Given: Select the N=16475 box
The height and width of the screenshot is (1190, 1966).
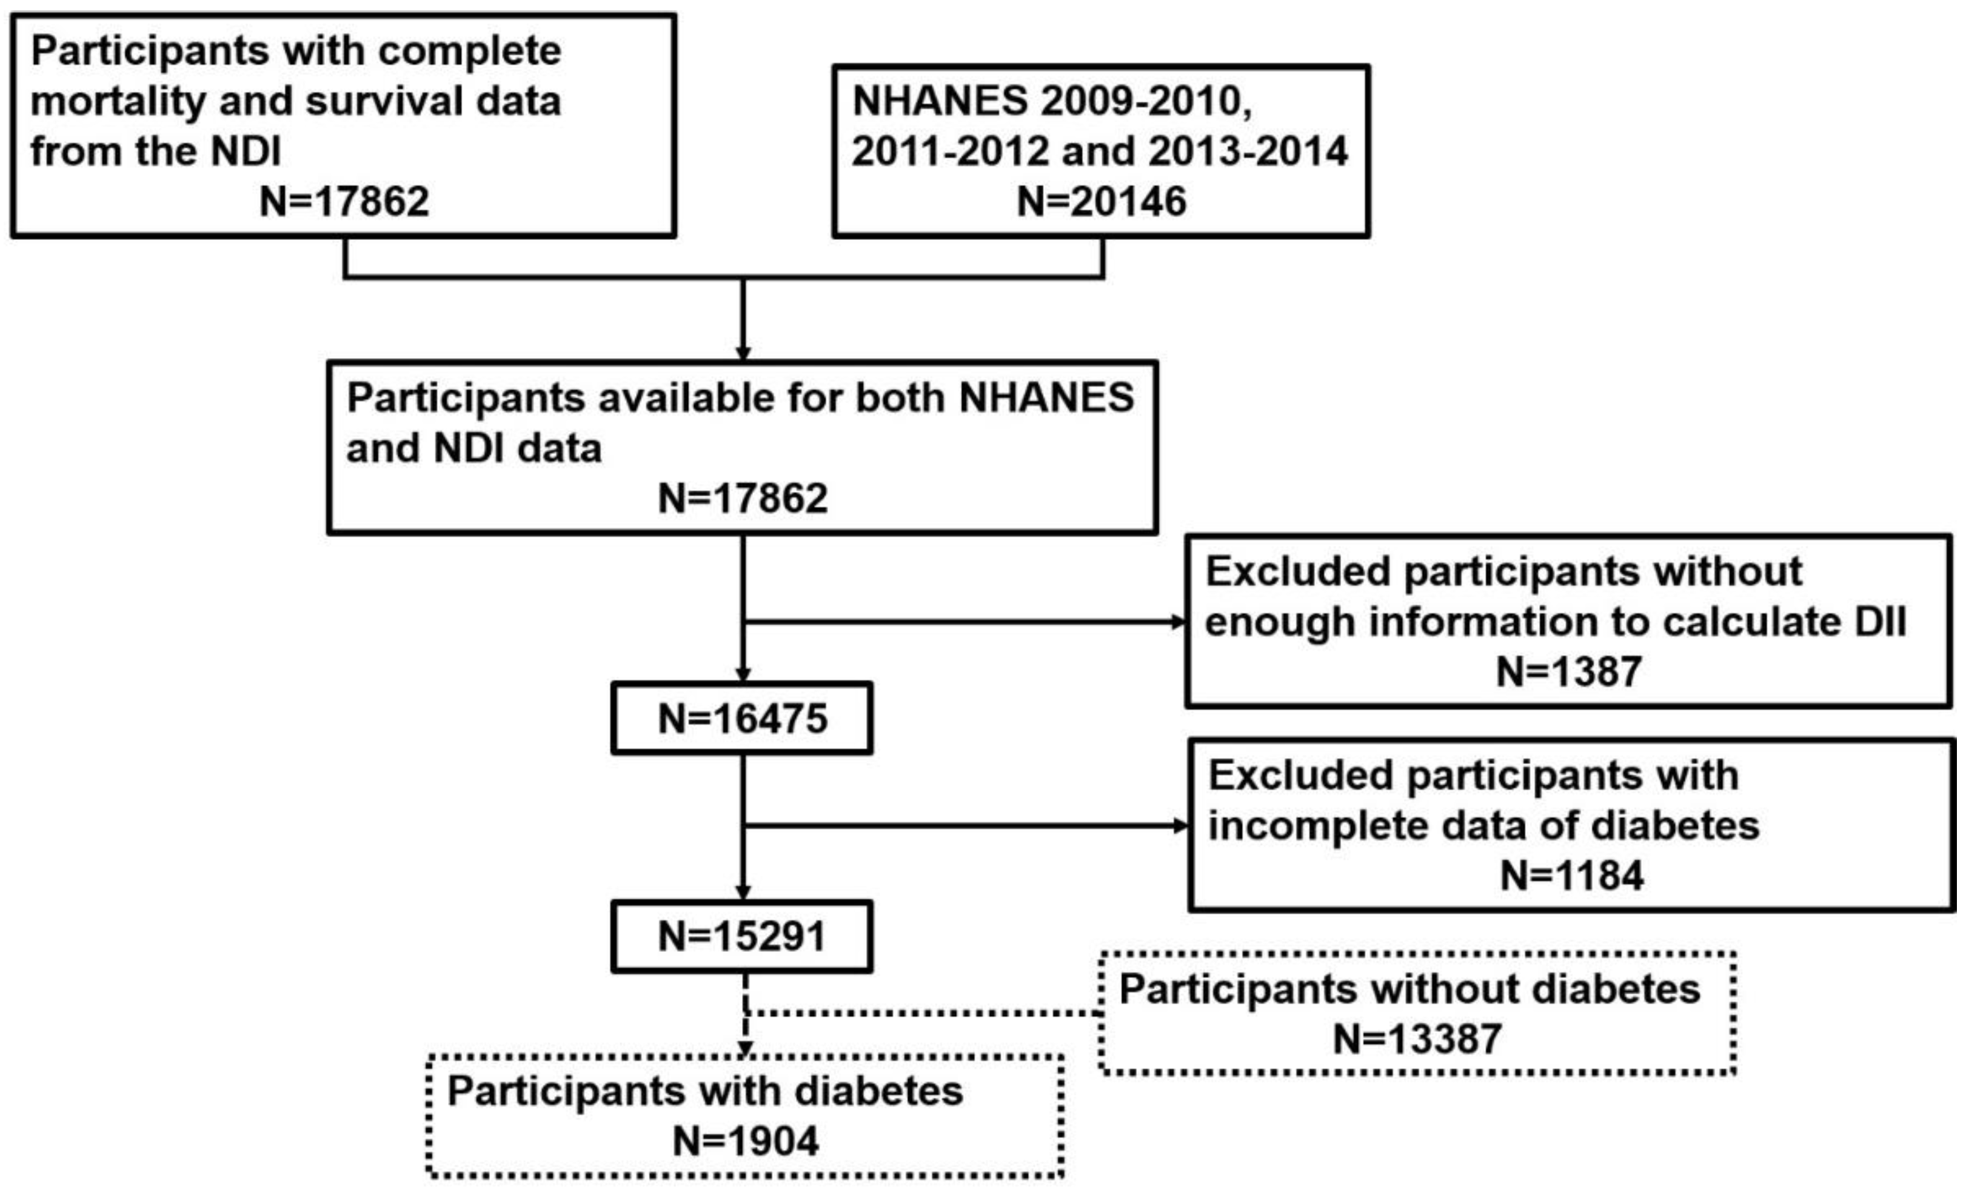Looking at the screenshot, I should [x=742, y=718].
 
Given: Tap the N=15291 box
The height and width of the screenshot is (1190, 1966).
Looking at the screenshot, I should [x=742, y=936].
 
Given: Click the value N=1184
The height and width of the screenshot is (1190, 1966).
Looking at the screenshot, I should [x=1572, y=875].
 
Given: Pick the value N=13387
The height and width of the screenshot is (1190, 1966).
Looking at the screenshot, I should [x=1417, y=1039].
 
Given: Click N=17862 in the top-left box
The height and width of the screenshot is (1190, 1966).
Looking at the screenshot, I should [x=345, y=201].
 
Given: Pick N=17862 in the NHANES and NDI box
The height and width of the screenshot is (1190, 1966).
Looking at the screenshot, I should [x=742, y=499].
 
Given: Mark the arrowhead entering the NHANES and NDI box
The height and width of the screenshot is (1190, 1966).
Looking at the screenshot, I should [x=743, y=353].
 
